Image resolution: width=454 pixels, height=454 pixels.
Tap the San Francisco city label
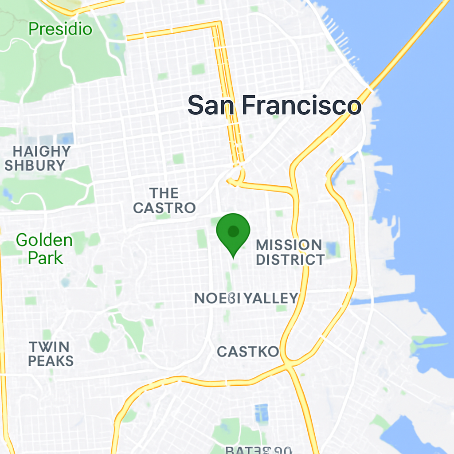(x=274, y=106)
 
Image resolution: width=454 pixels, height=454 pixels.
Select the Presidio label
(x=60, y=29)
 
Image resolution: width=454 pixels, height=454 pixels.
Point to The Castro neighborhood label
(x=164, y=200)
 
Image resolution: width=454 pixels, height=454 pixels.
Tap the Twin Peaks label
(x=51, y=354)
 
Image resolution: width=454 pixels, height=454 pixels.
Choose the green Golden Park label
(x=44, y=249)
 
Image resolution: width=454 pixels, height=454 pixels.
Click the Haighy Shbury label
(x=37, y=158)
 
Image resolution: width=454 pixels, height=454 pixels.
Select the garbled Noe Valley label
(x=246, y=298)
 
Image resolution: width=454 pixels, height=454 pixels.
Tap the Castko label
(x=248, y=352)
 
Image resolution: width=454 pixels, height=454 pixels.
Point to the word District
(x=290, y=260)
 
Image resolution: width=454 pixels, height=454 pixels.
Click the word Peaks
(x=51, y=361)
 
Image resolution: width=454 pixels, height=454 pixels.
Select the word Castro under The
(x=164, y=207)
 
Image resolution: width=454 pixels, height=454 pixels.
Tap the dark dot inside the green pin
(x=233, y=231)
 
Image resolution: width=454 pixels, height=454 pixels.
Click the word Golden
(x=44, y=240)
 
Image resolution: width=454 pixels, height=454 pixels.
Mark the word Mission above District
(x=289, y=245)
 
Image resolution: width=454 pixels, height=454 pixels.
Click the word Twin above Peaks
(x=49, y=347)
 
